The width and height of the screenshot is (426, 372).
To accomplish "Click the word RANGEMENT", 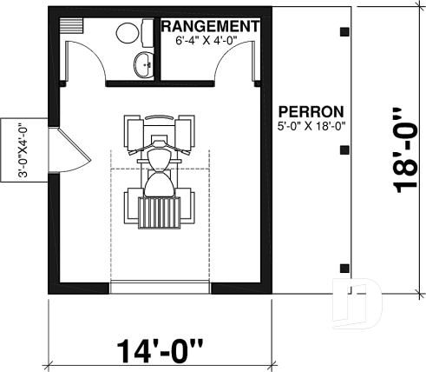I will click(211, 27).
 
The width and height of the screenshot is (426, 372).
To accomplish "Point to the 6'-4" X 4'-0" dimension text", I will click(211, 42).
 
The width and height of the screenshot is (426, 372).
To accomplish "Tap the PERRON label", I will click(311, 111).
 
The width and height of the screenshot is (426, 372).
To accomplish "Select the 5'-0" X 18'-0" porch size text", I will click(311, 126).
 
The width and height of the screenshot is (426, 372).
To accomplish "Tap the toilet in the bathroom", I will click(128, 34).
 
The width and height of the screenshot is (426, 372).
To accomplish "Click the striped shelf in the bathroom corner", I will click(74, 24).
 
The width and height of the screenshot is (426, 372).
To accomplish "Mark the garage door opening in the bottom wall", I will click(161, 287).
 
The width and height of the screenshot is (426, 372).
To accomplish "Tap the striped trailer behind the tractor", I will click(159, 211).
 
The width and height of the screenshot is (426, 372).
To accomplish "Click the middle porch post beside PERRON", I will click(344, 149).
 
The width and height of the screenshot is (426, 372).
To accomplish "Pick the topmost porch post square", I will click(344, 32).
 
